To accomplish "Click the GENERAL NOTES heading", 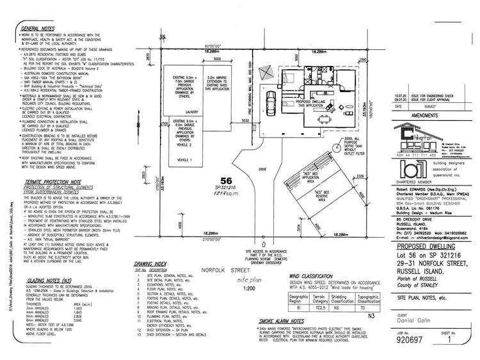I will [39, 29].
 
